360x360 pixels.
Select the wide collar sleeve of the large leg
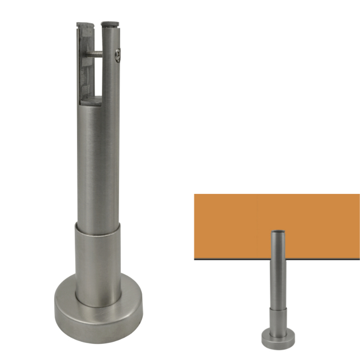tap(98, 260)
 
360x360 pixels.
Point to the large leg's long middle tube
tap(98, 166)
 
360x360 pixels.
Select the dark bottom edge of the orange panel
tap(233, 259)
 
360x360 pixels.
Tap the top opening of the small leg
tap(277, 231)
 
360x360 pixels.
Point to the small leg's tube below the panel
tap(277, 282)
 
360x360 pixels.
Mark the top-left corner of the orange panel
tap(195, 194)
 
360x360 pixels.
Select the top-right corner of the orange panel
tap(359, 194)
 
